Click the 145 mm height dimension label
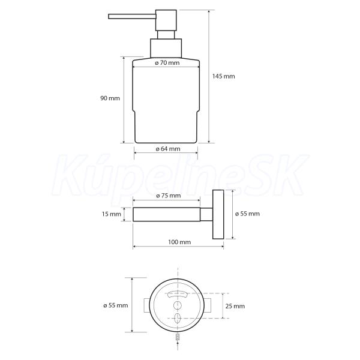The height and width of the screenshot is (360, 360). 223,76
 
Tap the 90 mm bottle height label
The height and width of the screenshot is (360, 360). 110,98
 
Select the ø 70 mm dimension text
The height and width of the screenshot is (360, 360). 167,62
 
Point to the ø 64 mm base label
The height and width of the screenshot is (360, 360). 168,149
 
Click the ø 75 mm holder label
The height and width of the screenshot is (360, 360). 168,196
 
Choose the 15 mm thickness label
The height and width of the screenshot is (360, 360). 112,214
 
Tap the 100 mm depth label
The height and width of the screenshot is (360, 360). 179,242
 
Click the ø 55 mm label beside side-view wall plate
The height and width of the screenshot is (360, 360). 247,214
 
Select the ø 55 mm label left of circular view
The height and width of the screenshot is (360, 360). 115,305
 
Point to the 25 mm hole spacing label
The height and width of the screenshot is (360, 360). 235,306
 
